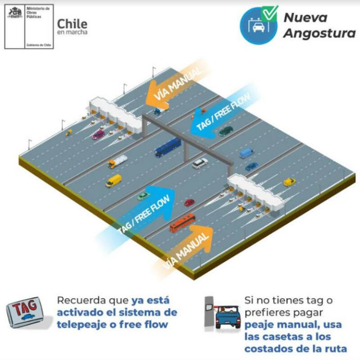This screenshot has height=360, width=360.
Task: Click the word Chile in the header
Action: pyautogui.click(x=72, y=23)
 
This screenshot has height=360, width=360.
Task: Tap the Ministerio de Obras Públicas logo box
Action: pyautogui.click(x=29, y=26)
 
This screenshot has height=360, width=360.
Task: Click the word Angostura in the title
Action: pyautogui.click(x=319, y=34)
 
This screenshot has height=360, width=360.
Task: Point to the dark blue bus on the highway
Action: pyautogui.click(x=168, y=147)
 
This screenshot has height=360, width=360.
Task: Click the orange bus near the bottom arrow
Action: pyautogui.click(x=182, y=223)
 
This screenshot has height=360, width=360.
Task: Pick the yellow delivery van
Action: pyautogui.click(x=114, y=180)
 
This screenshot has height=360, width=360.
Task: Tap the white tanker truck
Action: pyautogui.click(x=117, y=161)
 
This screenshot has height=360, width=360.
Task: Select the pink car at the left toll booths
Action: pyautogui.click(x=98, y=134)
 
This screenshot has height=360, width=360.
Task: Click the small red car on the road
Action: pyautogui.click(x=189, y=202)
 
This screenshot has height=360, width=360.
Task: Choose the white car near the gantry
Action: pyautogui.click(x=200, y=163)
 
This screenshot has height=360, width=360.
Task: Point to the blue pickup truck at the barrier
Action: pyautogui.click(x=228, y=318)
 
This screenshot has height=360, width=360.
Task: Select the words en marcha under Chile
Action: pyautogui.click(x=72, y=32)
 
